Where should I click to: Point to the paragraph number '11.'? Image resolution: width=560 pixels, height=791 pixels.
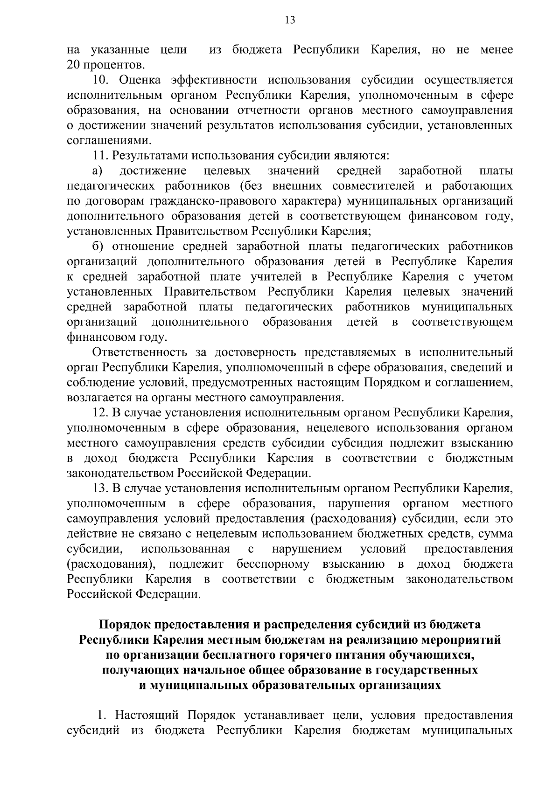click(100, 156)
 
